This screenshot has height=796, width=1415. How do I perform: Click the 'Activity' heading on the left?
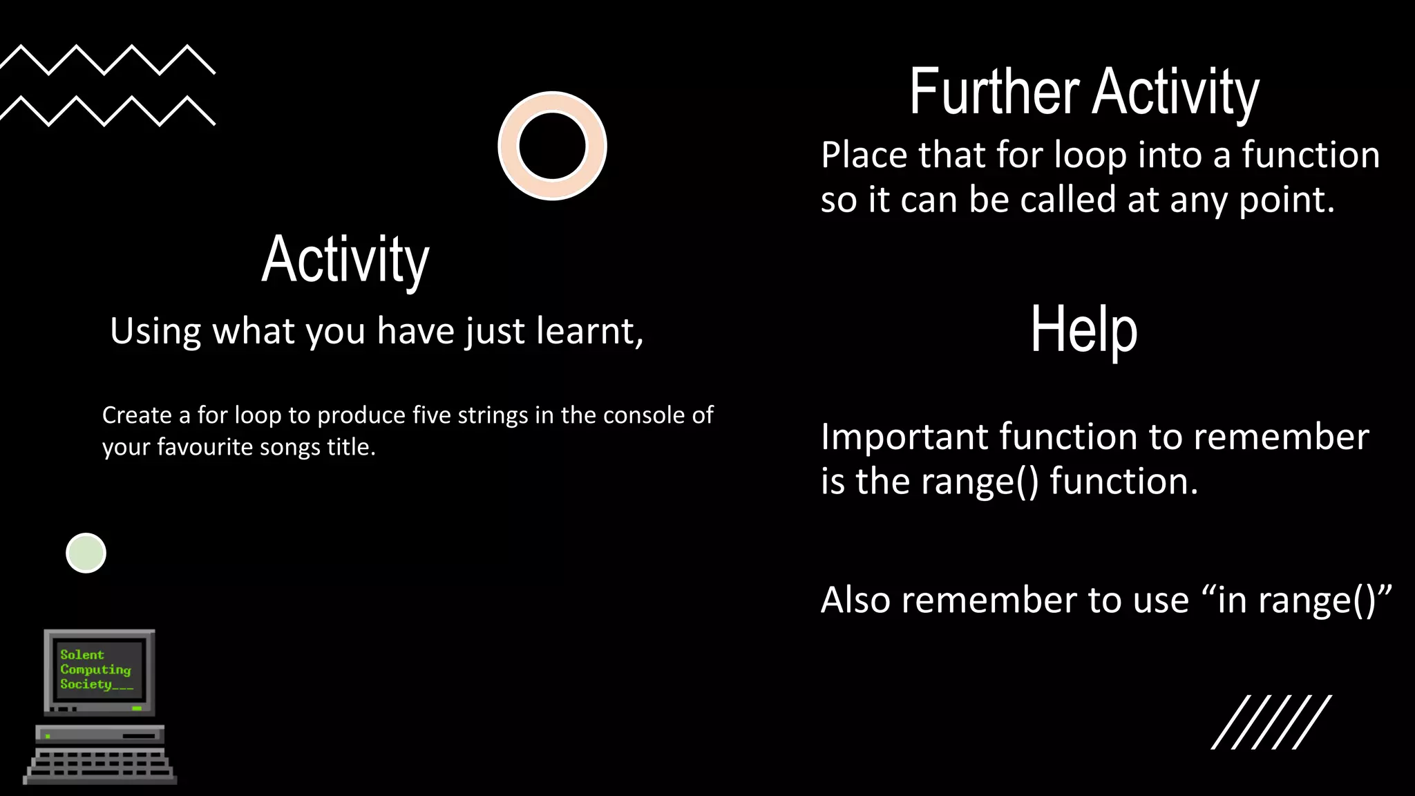[x=345, y=260]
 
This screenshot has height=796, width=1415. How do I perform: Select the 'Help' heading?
[x=1083, y=330]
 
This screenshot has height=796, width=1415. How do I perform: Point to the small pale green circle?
[x=86, y=553]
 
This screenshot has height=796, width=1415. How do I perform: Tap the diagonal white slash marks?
[x=1271, y=722]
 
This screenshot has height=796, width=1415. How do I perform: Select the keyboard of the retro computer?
[x=100, y=766]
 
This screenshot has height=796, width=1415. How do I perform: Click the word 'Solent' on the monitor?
[x=82, y=654]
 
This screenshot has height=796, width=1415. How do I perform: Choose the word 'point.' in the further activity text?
[x=1286, y=200]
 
